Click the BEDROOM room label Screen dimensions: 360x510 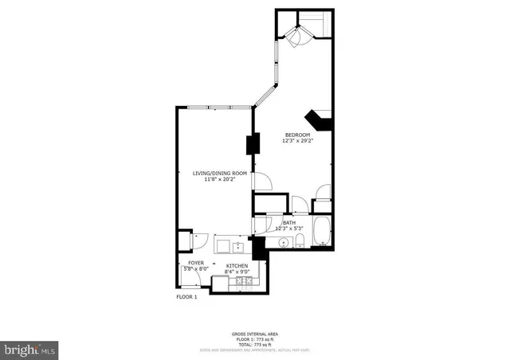pos(296,135)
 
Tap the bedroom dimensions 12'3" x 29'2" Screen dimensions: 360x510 pos(296,142)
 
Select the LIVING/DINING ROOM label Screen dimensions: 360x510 pos(214,173)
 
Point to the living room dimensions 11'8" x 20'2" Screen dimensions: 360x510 pos(214,179)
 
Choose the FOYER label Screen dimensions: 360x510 pos(196,263)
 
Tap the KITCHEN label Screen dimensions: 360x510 pos(237,265)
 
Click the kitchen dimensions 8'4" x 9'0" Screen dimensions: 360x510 pos(237,272)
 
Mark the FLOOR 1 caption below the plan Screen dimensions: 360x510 pos(186,296)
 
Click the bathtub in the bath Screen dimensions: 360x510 pos(322,232)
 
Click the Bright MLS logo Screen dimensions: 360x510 pos(29,349)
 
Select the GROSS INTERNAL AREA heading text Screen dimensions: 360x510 pos(254,333)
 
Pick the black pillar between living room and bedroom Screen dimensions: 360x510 pos(253,145)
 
